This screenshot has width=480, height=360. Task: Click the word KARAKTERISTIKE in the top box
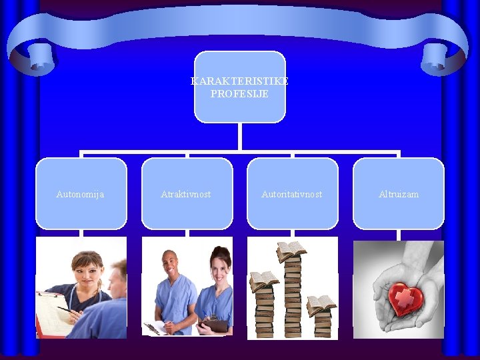239,81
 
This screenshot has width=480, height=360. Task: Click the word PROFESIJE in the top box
239,94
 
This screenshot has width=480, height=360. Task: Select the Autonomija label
80,194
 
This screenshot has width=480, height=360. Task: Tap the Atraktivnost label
186,194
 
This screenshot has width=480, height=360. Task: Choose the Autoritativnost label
292,194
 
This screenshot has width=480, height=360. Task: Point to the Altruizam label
399,194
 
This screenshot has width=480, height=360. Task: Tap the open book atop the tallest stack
291,251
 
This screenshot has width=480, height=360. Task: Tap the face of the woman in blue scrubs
220,265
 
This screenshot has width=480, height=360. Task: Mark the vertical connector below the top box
239,137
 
